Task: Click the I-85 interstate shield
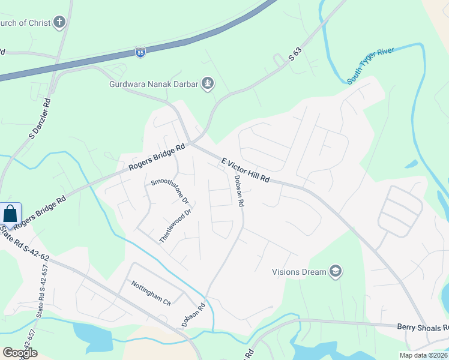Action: [x=140, y=52]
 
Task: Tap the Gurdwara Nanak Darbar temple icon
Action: [x=208, y=83]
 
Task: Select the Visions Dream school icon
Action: [x=336, y=272]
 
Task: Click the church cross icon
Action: [x=59, y=23]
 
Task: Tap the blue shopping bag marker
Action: [x=10, y=214]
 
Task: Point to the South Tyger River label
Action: [x=370, y=65]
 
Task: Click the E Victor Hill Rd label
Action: [x=246, y=171]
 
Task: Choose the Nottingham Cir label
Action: [x=151, y=293]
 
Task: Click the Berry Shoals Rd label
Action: [x=423, y=328]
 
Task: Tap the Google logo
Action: [x=20, y=353]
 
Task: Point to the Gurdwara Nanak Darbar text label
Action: [x=153, y=84]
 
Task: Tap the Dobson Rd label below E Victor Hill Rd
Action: [x=239, y=191]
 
